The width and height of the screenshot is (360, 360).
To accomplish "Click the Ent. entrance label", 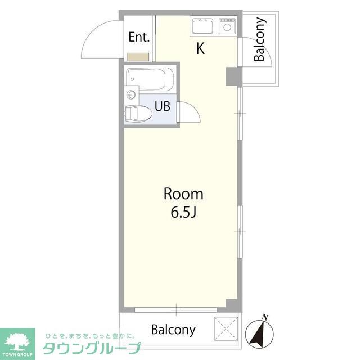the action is [x=139, y=37].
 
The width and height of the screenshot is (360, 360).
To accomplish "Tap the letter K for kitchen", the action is [x=200, y=48].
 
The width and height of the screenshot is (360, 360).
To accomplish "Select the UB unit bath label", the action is [x=163, y=106].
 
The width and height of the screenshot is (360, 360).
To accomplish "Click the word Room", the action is [x=183, y=194].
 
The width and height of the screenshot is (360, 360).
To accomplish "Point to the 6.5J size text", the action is [x=183, y=213].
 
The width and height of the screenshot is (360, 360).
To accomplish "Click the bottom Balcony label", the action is [x=173, y=330].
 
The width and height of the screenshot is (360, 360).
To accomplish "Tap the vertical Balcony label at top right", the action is [x=260, y=39].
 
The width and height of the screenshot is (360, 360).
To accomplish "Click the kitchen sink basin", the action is [x=202, y=26].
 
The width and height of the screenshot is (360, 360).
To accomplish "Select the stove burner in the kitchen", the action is [x=227, y=26].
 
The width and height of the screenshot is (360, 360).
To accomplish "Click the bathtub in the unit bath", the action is [x=150, y=79].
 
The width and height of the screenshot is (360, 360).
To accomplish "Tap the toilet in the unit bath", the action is [x=138, y=113].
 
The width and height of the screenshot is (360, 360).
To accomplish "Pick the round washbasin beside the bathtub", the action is [x=131, y=94].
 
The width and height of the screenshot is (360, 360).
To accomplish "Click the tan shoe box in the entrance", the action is [x=138, y=57].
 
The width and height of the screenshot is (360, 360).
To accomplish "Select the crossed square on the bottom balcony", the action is [x=226, y=328].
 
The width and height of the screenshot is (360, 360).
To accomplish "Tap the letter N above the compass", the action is [x=265, y=317].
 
